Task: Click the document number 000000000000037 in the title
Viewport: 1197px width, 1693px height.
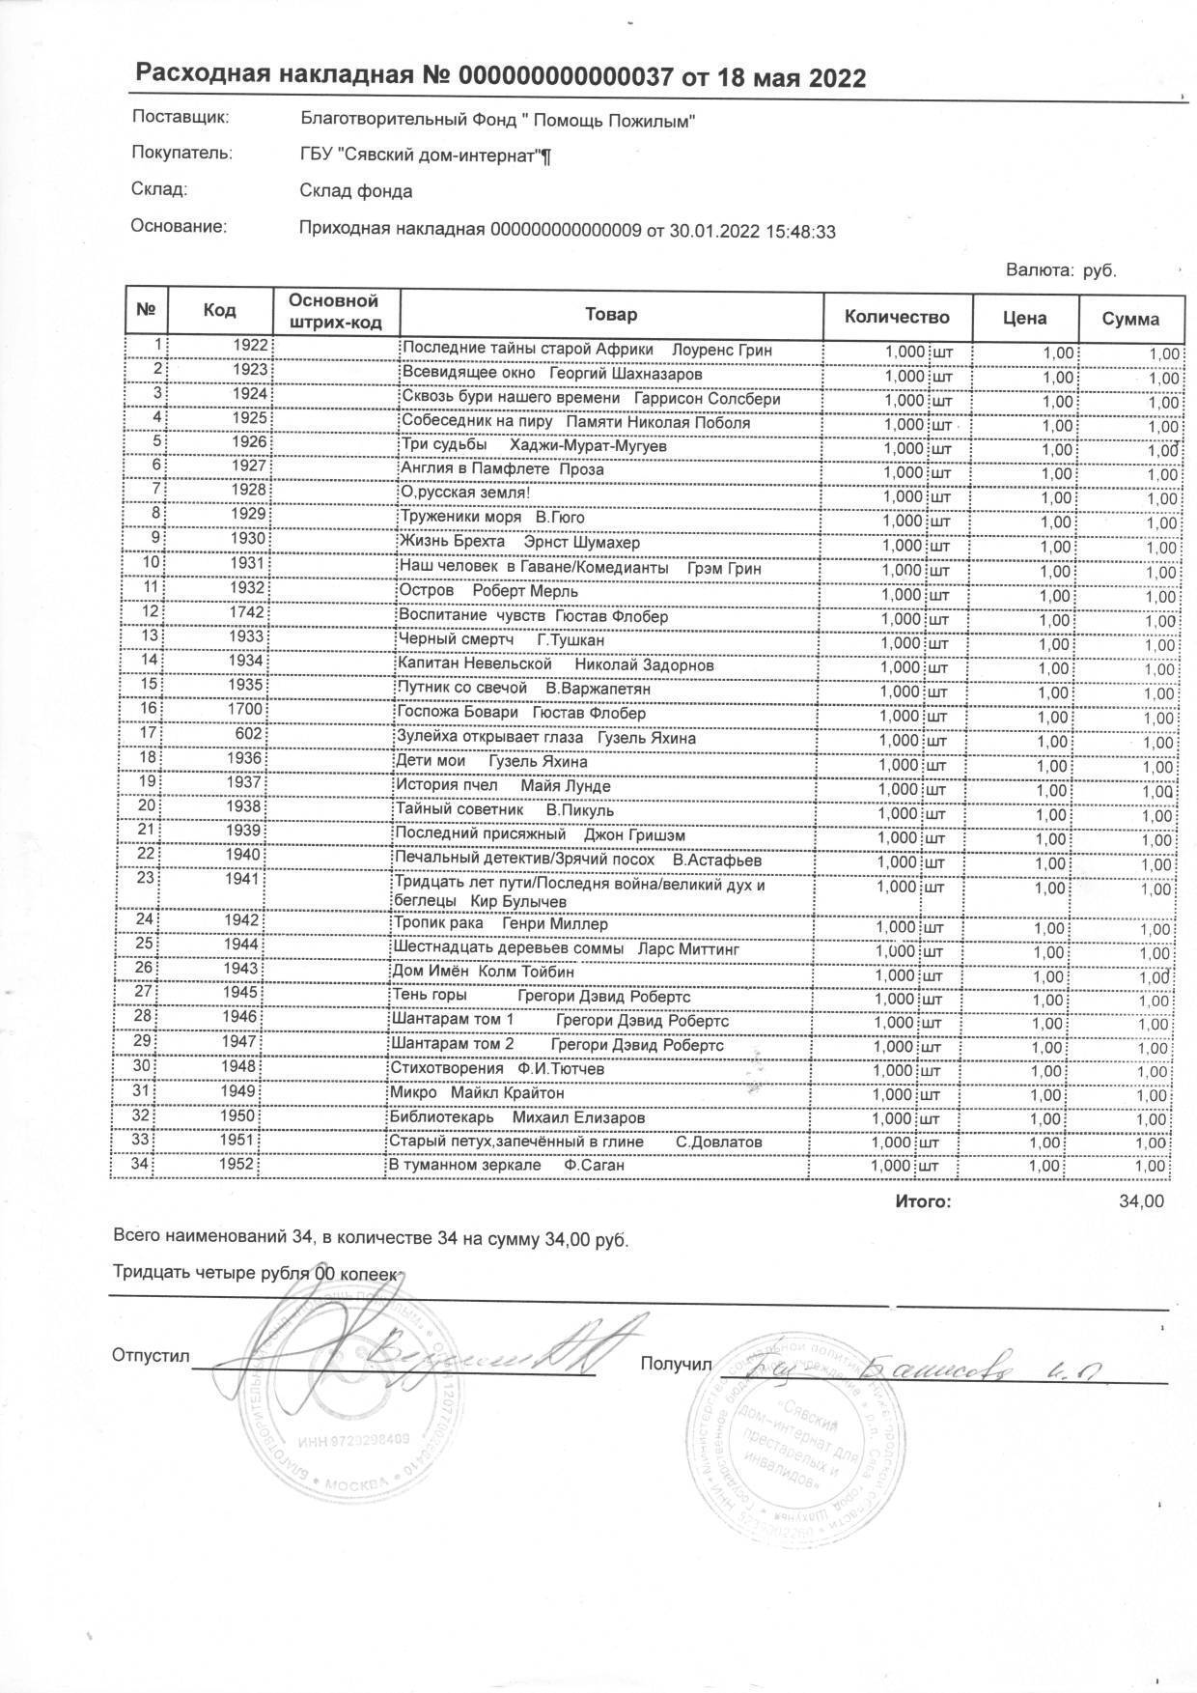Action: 565,77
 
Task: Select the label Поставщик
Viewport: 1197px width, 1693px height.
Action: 180,118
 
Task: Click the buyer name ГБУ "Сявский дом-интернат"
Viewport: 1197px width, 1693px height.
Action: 425,155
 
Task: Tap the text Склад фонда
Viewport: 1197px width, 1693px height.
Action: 356,191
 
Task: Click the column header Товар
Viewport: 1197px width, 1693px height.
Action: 610,314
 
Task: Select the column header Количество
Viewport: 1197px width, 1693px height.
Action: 897,317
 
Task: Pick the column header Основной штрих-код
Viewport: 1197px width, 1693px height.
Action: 334,311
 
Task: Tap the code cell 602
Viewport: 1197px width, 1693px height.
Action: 249,734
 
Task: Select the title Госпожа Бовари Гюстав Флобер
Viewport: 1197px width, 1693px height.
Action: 521,714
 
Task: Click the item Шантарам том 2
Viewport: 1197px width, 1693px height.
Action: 452,1045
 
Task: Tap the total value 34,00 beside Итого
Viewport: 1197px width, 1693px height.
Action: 1140,1201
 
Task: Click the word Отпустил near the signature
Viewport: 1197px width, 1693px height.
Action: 152,1355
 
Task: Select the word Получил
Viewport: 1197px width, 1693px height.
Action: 675,1364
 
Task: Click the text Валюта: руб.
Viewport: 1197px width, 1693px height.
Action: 1061,270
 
